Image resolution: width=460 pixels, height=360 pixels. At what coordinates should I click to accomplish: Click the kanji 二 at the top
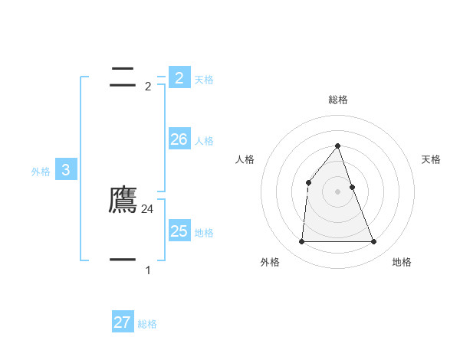(123, 76)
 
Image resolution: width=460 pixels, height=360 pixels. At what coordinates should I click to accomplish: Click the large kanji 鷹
(123, 200)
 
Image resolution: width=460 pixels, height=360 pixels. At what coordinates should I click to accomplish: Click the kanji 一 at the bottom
(123, 260)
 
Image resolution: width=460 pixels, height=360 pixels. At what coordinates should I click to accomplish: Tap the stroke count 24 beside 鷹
(148, 208)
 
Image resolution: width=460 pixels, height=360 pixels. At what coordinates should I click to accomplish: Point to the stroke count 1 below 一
(148, 270)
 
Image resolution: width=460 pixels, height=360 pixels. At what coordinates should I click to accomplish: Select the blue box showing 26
(179, 139)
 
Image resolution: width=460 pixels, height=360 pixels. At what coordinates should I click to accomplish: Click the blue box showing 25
(179, 231)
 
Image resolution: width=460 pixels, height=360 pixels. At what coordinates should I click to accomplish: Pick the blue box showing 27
(122, 322)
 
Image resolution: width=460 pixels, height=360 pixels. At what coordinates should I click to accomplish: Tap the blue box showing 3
(65, 170)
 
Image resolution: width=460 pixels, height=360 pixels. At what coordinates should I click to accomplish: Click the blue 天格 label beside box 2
(204, 80)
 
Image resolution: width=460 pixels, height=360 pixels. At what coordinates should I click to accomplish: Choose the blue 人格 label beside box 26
(204, 141)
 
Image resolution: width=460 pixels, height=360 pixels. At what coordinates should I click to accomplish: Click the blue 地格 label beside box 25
(204, 233)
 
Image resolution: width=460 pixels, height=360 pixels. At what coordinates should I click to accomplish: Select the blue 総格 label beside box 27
(147, 324)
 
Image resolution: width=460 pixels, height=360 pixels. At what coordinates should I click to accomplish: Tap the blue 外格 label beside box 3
(41, 172)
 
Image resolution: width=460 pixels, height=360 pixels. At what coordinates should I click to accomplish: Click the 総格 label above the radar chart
(338, 100)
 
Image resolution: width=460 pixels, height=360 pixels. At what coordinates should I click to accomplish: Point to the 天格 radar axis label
(432, 159)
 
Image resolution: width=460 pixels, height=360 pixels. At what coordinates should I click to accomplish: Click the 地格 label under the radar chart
(402, 262)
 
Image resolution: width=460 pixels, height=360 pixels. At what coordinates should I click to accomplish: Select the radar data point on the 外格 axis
(301, 241)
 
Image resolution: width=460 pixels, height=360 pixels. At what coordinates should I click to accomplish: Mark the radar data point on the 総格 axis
(337, 146)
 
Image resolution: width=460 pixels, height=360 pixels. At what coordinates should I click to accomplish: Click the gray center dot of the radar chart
(337, 191)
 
